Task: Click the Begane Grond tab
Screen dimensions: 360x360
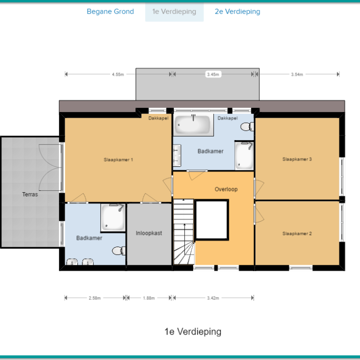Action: pos(110,11)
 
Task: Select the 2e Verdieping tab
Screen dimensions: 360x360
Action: pos(237,11)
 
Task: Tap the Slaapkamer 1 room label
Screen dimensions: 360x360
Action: pos(118,159)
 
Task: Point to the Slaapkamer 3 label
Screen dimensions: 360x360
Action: pos(297,159)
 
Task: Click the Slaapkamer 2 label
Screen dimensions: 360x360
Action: pos(297,233)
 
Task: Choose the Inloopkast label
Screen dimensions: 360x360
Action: pos(149,233)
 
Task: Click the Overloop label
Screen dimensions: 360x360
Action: pos(226,189)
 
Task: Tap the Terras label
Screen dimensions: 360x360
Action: pos(30,194)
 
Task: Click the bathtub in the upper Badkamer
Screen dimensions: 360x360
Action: pos(193,125)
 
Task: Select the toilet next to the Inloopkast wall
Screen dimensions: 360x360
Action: pos(119,251)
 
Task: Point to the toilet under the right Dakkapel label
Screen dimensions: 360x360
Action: pos(247,127)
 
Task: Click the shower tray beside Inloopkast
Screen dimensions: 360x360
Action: pos(113,217)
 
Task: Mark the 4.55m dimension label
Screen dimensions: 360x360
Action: pos(118,75)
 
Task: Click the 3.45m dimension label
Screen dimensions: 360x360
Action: pos(213,75)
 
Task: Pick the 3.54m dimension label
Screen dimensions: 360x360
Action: pos(297,75)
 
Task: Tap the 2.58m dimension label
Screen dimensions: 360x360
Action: pos(95,298)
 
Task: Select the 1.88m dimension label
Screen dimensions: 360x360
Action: pos(149,298)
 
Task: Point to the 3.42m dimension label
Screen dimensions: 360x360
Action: pos(213,298)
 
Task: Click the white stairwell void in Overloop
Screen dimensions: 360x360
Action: pos(211,220)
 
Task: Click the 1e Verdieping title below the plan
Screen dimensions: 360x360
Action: pos(193,331)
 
